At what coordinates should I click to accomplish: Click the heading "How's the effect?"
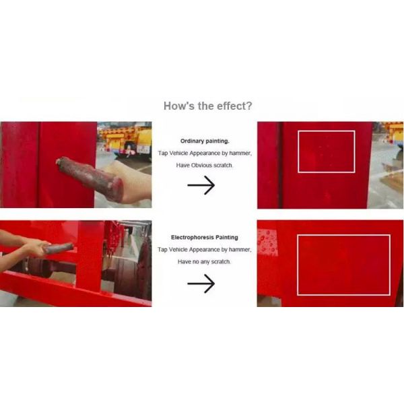click(207, 106)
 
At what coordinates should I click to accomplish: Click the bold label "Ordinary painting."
click(205, 141)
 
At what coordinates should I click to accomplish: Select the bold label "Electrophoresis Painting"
click(204, 237)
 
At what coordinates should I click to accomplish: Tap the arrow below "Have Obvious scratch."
click(201, 185)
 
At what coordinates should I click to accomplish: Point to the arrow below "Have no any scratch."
click(201, 283)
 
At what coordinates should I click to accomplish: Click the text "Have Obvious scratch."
click(204, 165)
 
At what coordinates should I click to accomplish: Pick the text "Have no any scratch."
click(204, 262)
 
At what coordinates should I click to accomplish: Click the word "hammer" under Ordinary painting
click(240, 153)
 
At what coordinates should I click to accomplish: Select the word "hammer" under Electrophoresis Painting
click(240, 249)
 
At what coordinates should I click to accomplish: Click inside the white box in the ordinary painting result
click(326, 151)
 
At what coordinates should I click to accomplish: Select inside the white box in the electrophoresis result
click(343, 265)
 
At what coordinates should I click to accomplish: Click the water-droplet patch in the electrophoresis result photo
click(267, 242)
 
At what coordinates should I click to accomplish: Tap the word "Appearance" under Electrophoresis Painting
click(205, 249)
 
